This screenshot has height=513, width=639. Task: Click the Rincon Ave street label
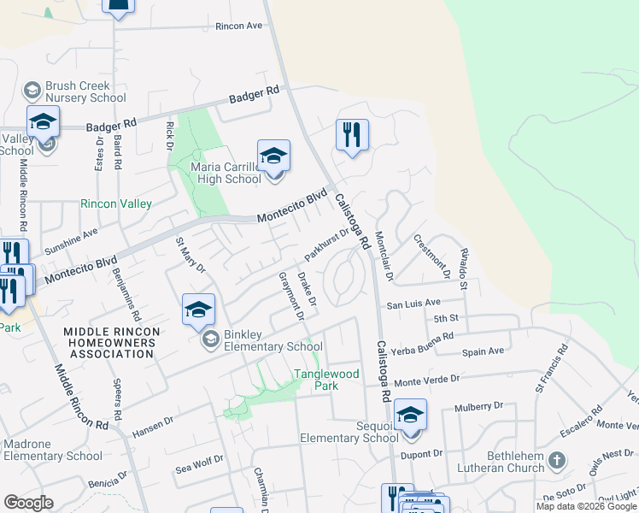click(x=238, y=26)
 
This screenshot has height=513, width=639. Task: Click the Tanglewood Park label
click(x=326, y=380)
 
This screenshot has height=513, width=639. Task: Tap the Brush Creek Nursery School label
click(x=75, y=92)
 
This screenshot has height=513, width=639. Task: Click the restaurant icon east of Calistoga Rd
click(x=352, y=135)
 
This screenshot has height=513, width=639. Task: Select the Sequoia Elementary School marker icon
click(x=410, y=416)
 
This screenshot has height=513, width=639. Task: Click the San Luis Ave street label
click(x=413, y=304)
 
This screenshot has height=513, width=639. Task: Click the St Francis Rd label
click(x=551, y=369)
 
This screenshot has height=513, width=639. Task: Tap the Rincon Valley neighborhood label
click(x=115, y=203)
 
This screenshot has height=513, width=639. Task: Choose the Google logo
click(x=28, y=503)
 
